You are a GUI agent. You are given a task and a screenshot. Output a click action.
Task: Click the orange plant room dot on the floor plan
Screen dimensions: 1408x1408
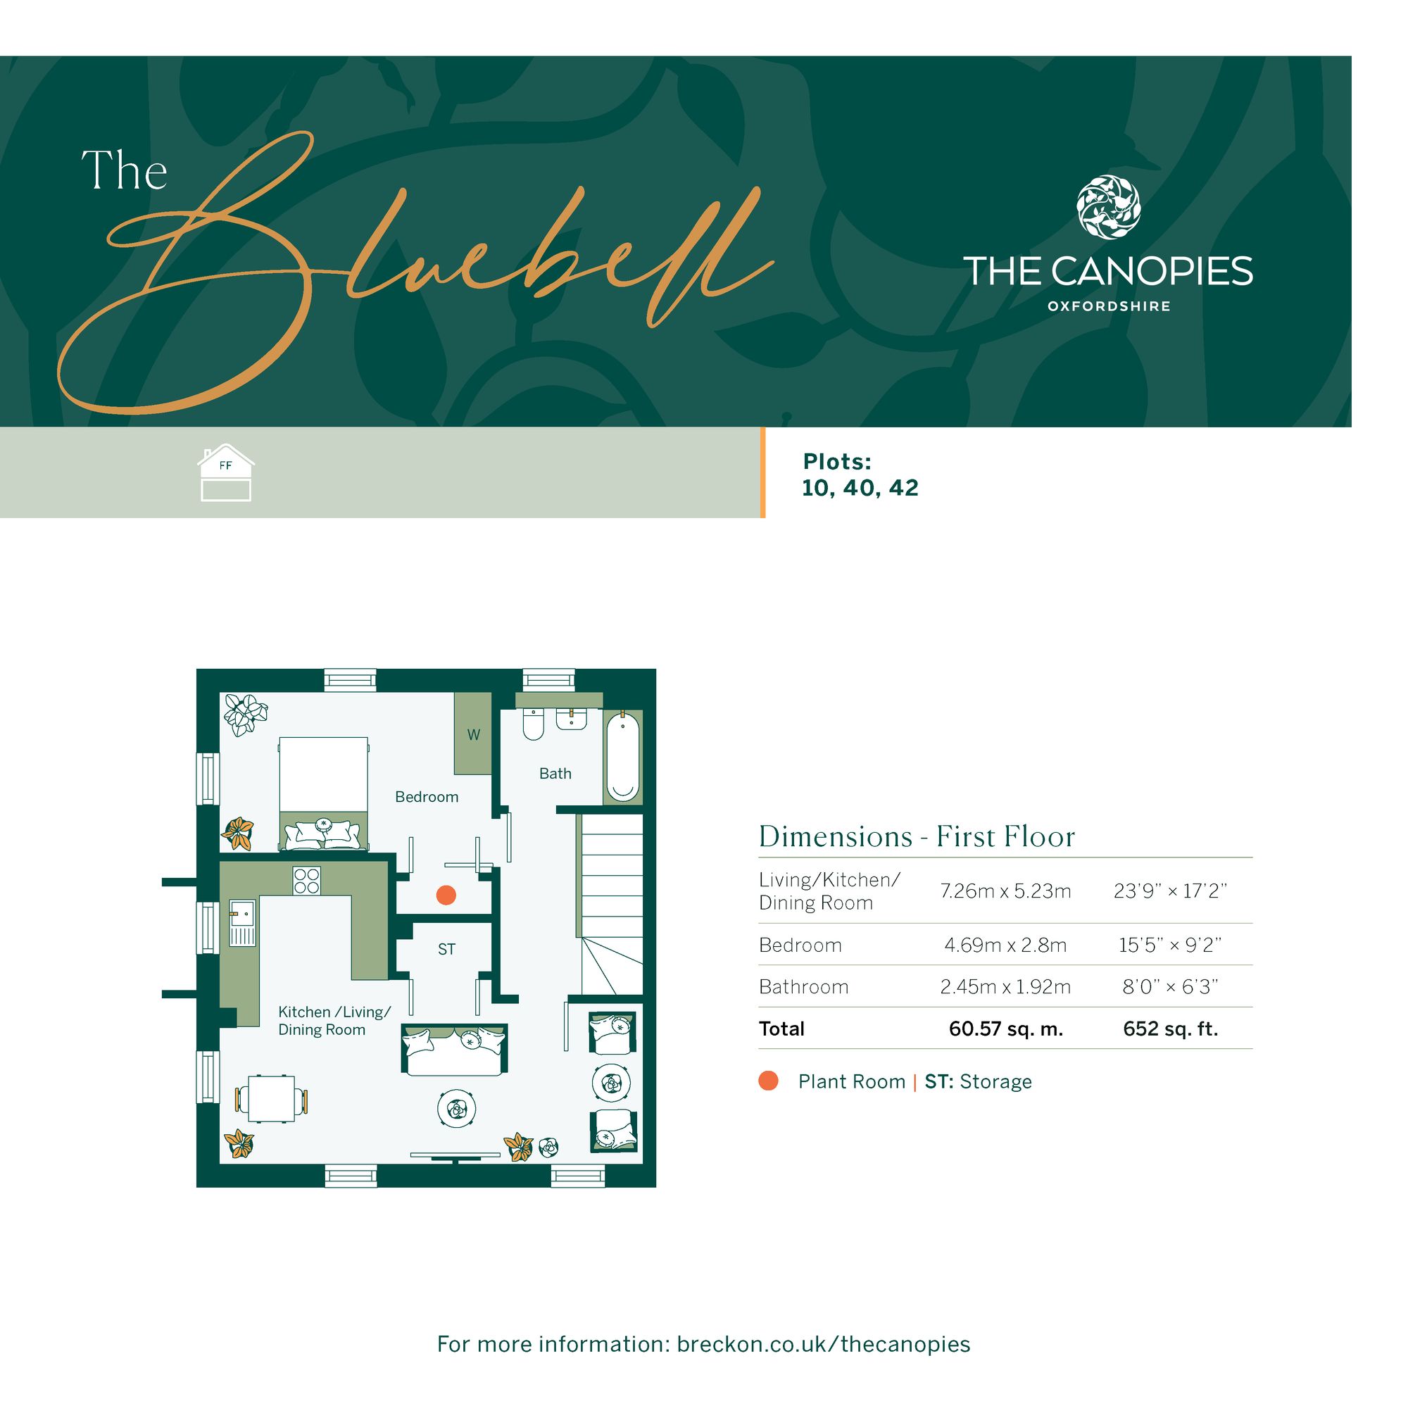(446, 895)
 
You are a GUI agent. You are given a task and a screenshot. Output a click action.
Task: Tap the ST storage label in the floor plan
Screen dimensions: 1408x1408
(447, 949)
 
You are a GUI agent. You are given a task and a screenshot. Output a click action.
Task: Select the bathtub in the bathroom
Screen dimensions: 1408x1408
(622, 758)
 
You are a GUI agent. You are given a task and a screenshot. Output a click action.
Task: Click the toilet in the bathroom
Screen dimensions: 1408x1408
(534, 724)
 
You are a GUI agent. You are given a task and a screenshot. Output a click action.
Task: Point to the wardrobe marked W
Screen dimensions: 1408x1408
(473, 734)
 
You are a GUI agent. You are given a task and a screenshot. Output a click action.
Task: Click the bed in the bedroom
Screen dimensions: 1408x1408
(324, 793)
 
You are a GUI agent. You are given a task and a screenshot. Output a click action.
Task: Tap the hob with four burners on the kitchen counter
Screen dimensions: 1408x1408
(307, 881)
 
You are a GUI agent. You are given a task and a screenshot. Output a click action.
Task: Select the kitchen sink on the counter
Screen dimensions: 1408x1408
(244, 923)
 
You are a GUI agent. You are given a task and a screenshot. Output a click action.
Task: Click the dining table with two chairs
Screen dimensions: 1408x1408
(271, 1098)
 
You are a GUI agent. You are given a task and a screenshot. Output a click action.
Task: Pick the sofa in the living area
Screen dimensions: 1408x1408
(455, 1049)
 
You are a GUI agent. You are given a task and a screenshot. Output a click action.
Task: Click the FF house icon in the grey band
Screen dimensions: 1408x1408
(226, 473)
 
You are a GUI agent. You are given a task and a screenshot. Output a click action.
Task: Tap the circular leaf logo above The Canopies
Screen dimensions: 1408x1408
(1109, 207)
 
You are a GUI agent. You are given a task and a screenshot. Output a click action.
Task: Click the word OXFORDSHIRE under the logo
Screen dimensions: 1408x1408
(1109, 307)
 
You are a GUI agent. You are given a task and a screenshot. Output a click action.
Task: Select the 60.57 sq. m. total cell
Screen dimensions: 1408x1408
(1006, 1029)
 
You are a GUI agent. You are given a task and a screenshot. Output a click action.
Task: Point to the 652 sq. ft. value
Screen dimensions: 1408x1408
(1171, 1029)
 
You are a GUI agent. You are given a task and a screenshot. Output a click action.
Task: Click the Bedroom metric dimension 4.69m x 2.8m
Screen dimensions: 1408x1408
(1005, 945)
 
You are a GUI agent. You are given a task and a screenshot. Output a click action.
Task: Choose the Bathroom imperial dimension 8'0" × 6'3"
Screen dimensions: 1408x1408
(1171, 987)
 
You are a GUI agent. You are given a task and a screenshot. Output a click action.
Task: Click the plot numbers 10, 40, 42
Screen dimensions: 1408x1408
(860, 488)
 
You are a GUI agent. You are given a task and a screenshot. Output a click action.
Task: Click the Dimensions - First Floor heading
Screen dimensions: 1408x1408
(917, 836)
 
